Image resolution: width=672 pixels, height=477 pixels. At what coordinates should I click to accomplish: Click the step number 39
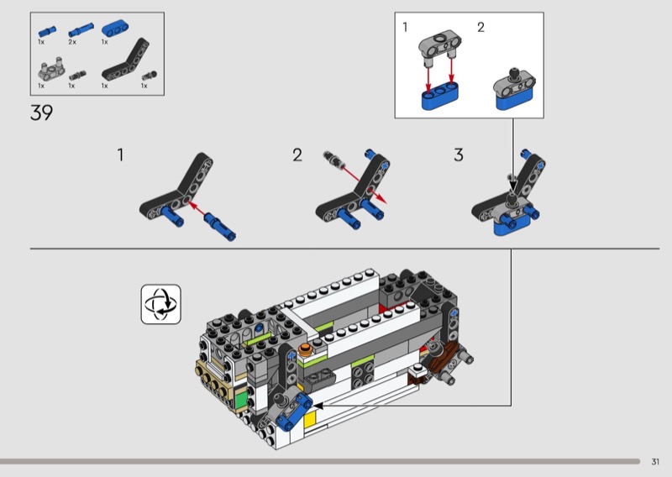41,113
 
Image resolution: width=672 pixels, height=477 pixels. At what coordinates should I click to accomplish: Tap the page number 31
655,462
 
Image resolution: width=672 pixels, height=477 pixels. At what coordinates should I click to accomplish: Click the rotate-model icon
160,304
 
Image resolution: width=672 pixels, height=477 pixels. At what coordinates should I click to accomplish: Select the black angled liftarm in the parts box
125,60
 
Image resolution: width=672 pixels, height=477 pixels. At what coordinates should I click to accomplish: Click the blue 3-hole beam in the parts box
116,29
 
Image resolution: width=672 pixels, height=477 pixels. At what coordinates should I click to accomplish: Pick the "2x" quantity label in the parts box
72,42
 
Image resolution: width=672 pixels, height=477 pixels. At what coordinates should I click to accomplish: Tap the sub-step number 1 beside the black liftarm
120,155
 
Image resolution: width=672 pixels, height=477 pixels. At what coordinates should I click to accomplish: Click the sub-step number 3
459,155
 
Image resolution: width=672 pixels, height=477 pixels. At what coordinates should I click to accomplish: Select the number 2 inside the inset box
480,28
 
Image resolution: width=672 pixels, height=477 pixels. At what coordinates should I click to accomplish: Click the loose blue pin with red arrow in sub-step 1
220,226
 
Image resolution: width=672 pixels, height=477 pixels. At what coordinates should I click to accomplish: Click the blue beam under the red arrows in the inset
439,97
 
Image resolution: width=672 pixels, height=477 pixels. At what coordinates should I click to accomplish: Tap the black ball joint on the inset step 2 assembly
513,74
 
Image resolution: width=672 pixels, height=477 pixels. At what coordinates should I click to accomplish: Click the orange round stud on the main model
306,349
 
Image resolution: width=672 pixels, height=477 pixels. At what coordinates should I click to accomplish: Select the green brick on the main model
240,399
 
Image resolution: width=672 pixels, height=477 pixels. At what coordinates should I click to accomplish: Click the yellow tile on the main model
310,418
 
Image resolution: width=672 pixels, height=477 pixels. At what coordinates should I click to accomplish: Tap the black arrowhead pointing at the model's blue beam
318,405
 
